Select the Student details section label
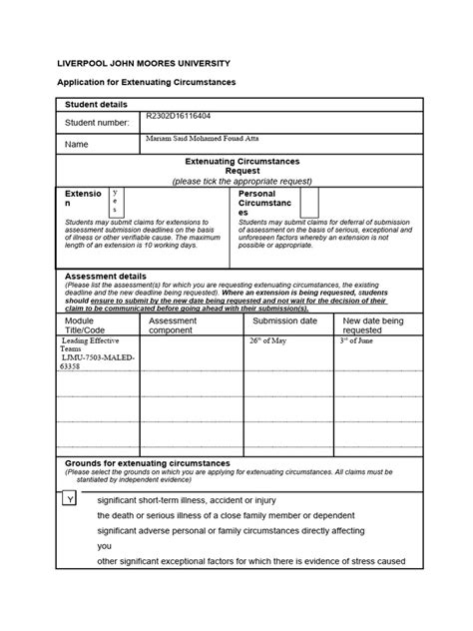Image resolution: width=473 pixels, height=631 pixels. click(100, 105)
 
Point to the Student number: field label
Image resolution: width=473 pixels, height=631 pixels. click(97, 123)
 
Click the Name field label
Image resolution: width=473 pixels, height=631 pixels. click(77, 144)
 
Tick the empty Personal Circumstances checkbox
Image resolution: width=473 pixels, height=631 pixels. click(309, 201)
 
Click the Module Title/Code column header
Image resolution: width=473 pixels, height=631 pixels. click(85, 324)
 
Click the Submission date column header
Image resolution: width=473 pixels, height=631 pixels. click(284, 320)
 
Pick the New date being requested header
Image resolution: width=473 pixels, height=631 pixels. click(373, 324)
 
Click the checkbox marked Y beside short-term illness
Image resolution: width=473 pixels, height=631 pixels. click(70, 498)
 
